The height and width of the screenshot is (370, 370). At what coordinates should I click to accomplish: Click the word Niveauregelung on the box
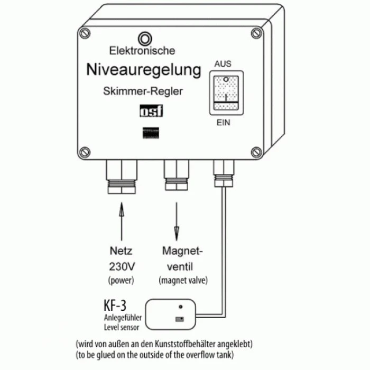143,70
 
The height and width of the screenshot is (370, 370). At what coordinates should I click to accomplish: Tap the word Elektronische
142,51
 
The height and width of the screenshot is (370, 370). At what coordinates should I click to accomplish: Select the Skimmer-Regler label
143,91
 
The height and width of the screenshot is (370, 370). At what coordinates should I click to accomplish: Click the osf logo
151,111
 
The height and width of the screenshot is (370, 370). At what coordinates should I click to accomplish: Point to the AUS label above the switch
223,64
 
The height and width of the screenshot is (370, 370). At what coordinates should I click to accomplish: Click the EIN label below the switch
225,125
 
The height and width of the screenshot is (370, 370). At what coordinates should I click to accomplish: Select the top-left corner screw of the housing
85,33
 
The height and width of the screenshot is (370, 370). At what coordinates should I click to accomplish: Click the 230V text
122,267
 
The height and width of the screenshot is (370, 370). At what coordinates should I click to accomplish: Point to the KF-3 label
114,306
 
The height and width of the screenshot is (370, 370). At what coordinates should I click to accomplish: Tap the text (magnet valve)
183,280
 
